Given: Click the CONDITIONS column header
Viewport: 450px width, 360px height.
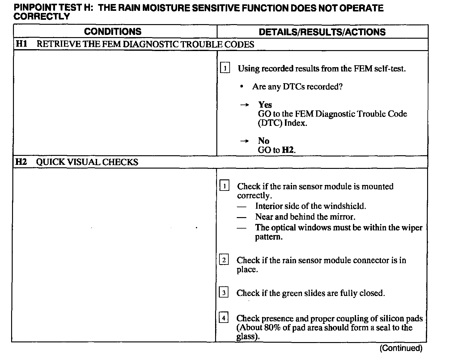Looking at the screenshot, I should [x=112, y=32].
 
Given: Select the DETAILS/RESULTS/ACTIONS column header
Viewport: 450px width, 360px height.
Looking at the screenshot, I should [x=322, y=32].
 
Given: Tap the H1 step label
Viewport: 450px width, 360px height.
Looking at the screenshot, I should [x=21, y=44].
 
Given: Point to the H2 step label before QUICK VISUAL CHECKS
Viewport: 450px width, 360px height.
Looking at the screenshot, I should [x=21, y=162].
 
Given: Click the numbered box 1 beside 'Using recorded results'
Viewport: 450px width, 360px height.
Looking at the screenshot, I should [x=225, y=68].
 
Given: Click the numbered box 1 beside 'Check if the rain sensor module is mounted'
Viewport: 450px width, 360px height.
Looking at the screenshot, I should [x=224, y=186].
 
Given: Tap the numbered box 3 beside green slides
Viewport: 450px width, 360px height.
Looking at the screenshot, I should [x=223, y=292].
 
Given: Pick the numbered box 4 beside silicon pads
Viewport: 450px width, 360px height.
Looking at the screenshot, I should [x=223, y=318].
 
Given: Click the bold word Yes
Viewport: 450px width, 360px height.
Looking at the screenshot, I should [x=265, y=105].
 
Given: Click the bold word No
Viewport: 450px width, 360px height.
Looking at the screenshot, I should [x=264, y=141].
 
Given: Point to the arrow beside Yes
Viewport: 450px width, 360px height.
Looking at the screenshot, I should [x=244, y=105].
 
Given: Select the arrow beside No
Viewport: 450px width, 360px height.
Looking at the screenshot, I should [x=244, y=141].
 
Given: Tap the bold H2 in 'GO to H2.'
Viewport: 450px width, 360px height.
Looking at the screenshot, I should [x=287, y=150].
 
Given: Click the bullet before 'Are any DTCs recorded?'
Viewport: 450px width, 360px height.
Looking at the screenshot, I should [x=242, y=87].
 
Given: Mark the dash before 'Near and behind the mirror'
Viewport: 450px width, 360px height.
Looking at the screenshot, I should [x=242, y=217].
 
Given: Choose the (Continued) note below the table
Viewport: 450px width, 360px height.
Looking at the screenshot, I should [x=401, y=348].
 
